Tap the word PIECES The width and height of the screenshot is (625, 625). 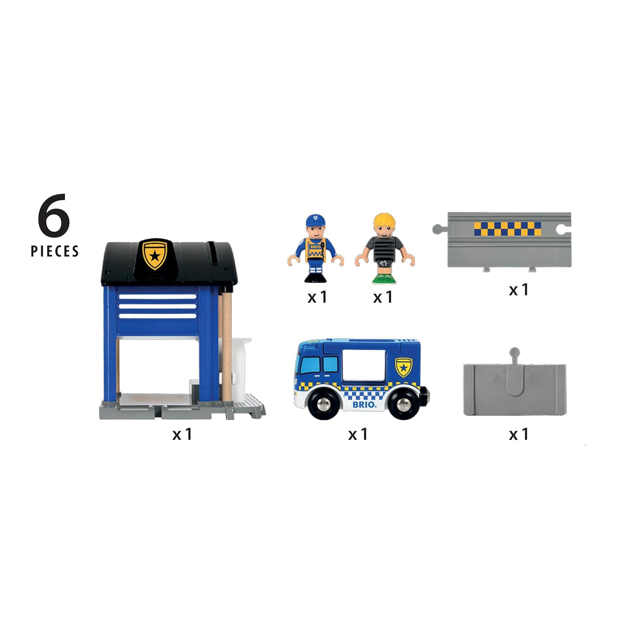[55, 251]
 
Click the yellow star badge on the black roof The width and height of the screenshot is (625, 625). [155, 254]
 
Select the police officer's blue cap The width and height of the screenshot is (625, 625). [315, 220]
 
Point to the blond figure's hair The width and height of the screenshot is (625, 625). [384, 220]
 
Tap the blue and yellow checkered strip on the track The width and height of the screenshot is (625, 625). [507, 229]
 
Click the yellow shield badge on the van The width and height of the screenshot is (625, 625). [403, 367]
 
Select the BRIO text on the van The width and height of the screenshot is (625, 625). [364, 404]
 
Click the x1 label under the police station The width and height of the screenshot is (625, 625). [182, 434]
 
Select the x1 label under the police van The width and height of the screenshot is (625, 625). [358, 434]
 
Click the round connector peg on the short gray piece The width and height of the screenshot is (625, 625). [514, 352]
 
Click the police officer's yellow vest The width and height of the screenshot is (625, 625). [315, 250]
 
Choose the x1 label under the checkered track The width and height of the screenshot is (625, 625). [518, 290]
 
